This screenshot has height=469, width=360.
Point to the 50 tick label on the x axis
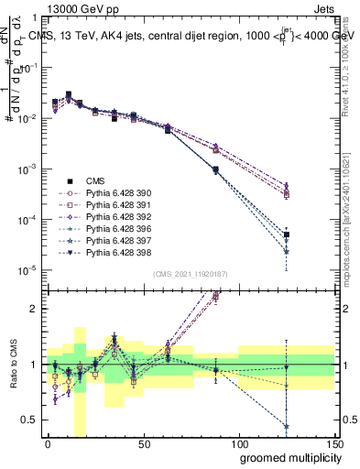pos(143,442)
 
